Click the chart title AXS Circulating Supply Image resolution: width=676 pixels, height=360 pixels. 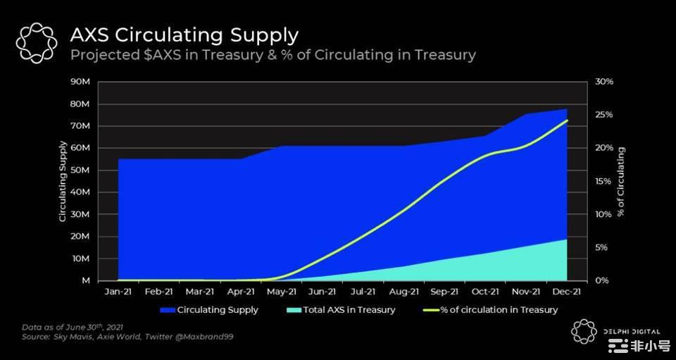(x=184, y=35)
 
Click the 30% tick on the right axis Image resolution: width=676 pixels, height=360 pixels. (x=604, y=82)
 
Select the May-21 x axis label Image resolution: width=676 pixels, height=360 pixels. (x=282, y=290)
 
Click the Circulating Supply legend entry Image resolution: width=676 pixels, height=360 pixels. (x=217, y=309)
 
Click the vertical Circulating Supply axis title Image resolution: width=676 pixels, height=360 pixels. (x=63, y=182)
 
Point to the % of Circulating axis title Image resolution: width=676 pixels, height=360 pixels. (x=621, y=182)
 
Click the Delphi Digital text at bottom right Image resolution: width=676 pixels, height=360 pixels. (x=631, y=331)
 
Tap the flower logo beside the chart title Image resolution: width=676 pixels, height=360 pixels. (x=36, y=43)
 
